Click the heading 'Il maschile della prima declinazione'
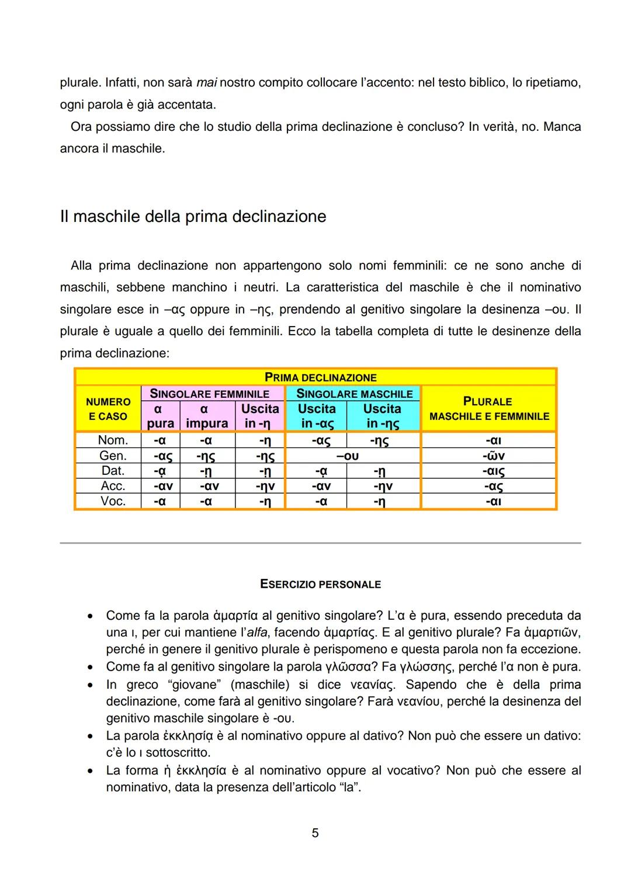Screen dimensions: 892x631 pos(193,217)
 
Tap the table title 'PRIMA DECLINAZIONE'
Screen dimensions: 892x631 pos(320,377)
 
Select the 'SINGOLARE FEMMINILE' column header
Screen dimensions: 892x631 pos(209,394)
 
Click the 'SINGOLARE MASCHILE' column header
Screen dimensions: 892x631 pos(354,394)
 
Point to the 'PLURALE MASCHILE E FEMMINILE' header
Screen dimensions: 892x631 pos(488,408)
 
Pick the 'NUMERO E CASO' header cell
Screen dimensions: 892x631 pos(108,409)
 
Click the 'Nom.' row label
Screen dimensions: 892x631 pos(112,440)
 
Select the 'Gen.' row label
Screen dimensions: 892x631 pos(112,456)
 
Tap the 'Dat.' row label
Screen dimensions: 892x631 pos(112,471)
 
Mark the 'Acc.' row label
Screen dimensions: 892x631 pos(112,486)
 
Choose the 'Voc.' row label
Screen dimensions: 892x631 pos(112,501)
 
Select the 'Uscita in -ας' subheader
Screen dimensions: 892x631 pos(317,416)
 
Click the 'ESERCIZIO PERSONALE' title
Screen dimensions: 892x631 pos(320,584)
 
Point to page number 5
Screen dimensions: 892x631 pos(315,833)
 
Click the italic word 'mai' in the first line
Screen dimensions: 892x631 pos(207,83)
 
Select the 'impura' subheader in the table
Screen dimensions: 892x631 pos(207,423)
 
